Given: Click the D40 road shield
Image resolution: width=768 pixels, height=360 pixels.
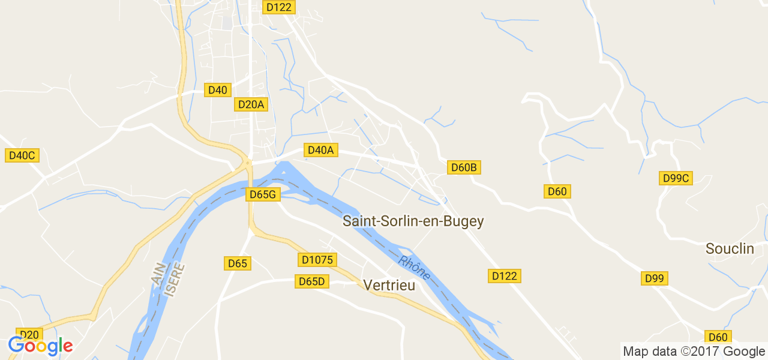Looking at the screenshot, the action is pyautogui.click(x=217, y=90).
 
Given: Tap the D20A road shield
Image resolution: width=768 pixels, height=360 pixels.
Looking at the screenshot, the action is pyautogui.click(x=251, y=104).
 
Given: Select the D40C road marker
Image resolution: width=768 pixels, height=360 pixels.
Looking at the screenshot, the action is pyautogui.click(x=22, y=155).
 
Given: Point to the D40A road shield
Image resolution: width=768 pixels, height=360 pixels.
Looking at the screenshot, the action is pyautogui.click(x=320, y=150).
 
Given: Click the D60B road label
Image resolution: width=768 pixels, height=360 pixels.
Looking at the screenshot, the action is pyautogui.click(x=464, y=167).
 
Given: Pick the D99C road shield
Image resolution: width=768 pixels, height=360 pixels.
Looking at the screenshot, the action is pyautogui.click(x=676, y=178).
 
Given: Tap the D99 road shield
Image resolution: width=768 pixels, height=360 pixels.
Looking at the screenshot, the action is pyautogui.click(x=655, y=278).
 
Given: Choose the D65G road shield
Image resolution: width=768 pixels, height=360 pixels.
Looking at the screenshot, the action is pyautogui.click(x=263, y=194).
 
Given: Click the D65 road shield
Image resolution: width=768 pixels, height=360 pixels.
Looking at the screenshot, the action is pyautogui.click(x=238, y=263).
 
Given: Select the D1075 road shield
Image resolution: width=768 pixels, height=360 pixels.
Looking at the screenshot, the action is pyautogui.click(x=317, y=260).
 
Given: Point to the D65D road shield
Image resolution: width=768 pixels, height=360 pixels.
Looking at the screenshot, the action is pyautogui.click(x=311, y=281).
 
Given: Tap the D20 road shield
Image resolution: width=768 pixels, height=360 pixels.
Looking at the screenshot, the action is pyautogui.click(x=29, y=334).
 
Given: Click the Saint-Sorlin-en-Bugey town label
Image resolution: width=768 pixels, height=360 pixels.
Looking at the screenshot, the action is pyautogui.click(x=413, y=221).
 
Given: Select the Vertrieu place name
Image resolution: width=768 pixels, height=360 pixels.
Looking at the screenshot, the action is pyautogui.click(x=389, y=285).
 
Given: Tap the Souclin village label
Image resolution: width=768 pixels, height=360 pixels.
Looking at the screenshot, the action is pyautogui.click(x=730, y=248).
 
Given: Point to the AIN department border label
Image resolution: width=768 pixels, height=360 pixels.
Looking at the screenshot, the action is pyautogui.click(x=157, y=274).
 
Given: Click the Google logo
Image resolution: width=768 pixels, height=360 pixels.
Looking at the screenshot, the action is pyautogui.click(x=40, y=346).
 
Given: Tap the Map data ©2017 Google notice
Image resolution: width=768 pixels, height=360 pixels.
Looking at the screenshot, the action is pyautogui.click(x=693, y=351).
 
